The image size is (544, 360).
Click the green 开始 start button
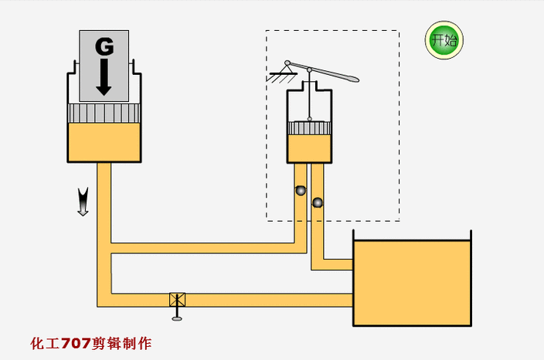(444, 40)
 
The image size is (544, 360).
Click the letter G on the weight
(104, 47)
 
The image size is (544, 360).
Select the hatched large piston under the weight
(104, 113)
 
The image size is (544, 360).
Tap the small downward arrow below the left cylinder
(83, 202)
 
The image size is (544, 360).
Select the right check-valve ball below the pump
(317, 202)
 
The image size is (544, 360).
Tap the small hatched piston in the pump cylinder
(309, 128)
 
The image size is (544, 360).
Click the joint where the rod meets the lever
(309, 70)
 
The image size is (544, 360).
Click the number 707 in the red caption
(76, 343)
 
